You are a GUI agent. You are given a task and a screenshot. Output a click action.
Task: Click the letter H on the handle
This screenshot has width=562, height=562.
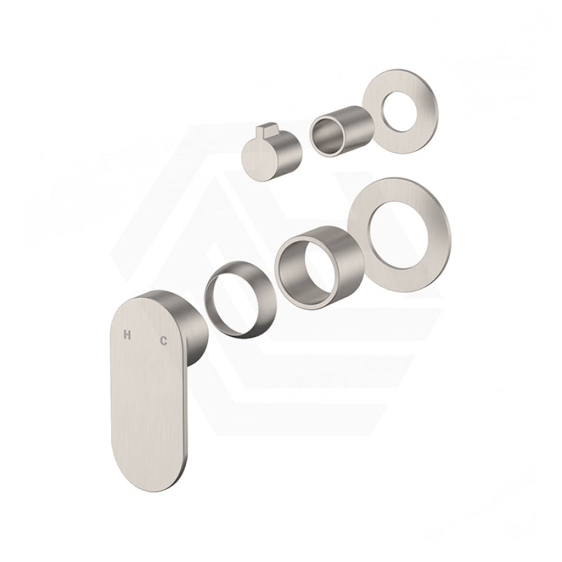pyautogui.click(x=127, y=335)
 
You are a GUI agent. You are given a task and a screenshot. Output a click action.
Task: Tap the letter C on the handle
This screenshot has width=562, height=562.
pyautogui.click(x=164, y=340)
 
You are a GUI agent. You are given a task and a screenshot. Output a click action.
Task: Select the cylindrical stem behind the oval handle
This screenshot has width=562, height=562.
pyautogui.click(x=195, y=333)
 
